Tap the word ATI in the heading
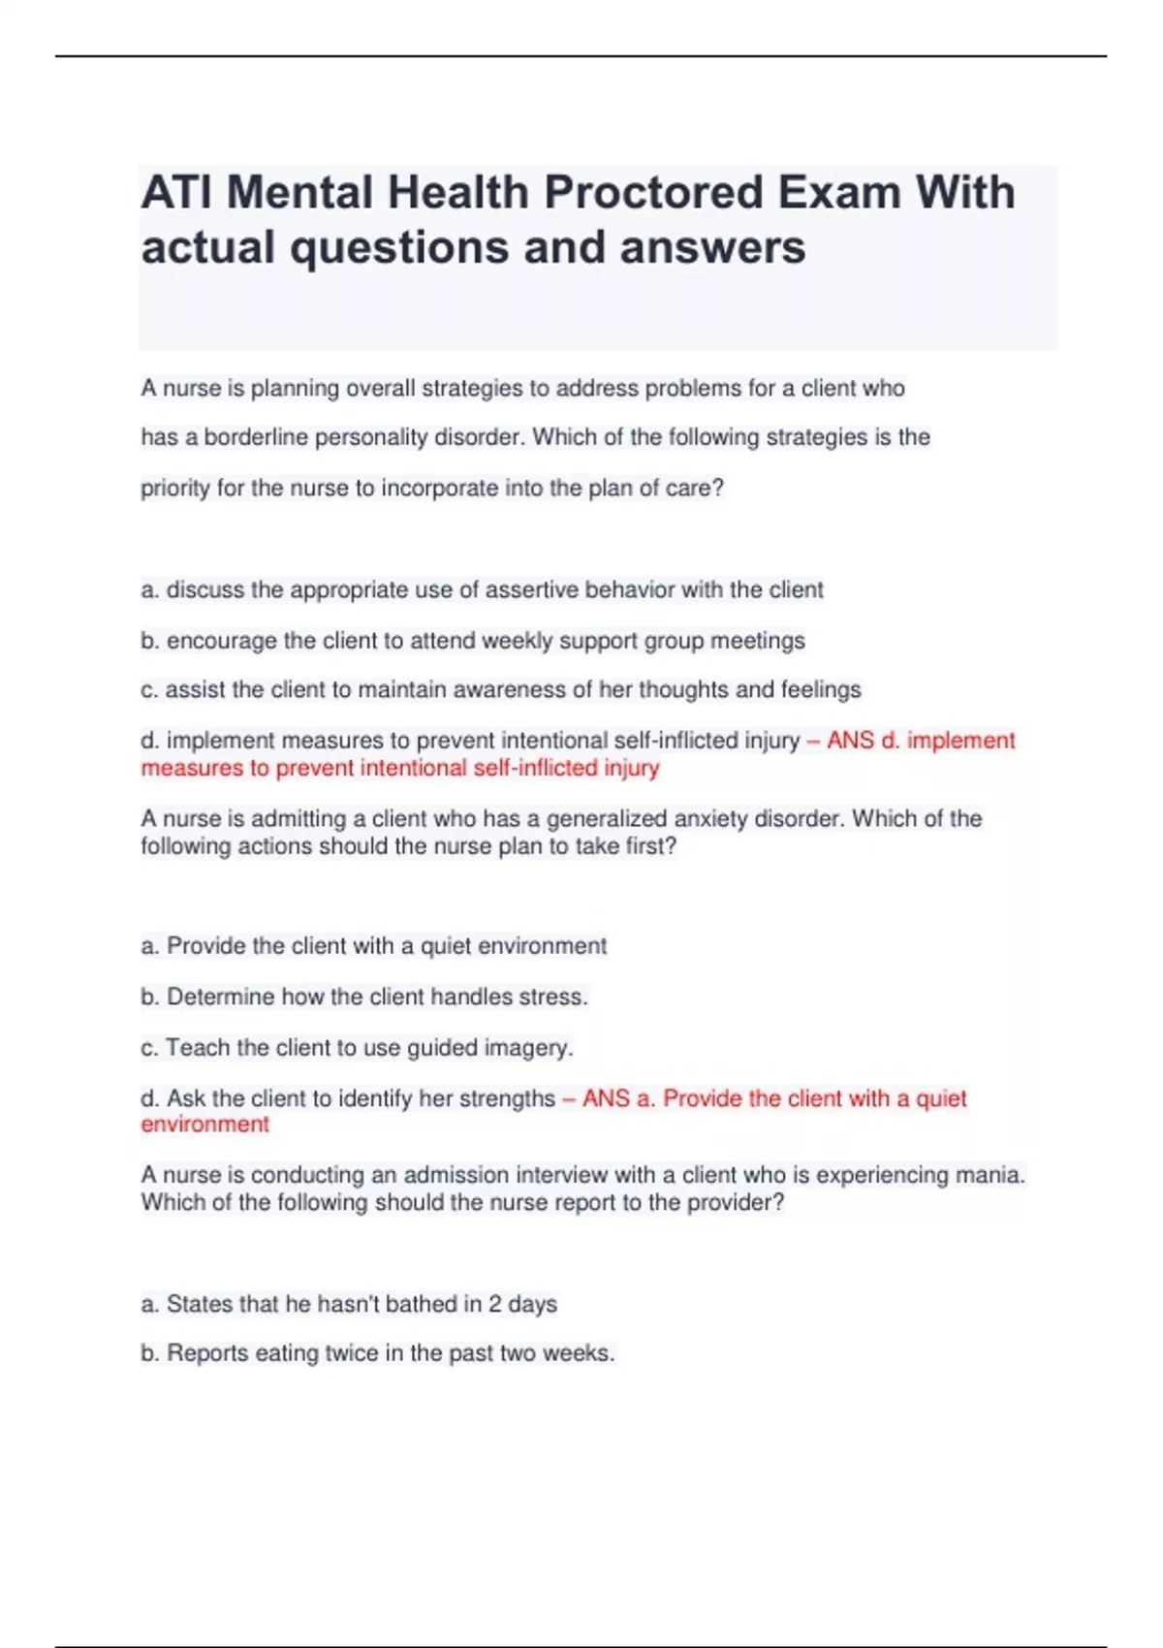(x=177, y=193)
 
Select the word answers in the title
(x=712, y=247)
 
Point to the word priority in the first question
(x=175, y=489)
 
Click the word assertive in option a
(x=531, y=590)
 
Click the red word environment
(x=204, y=1125)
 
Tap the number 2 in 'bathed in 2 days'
(x=494, y=1305)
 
